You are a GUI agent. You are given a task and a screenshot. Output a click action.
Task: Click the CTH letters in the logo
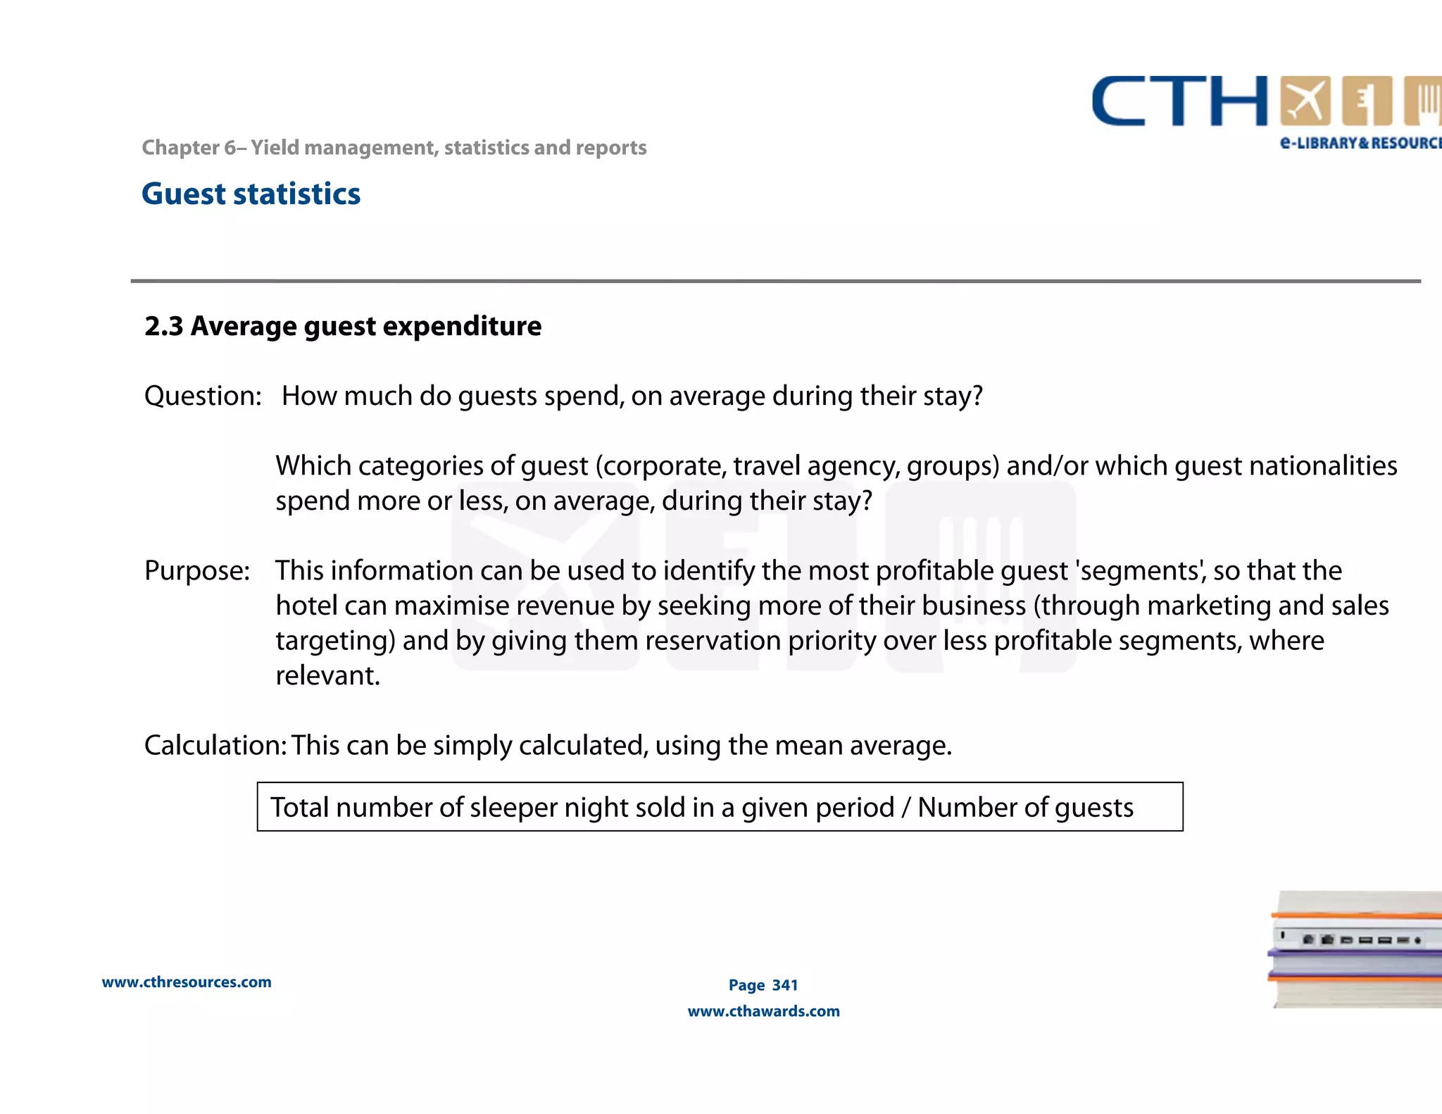pos(1179,102)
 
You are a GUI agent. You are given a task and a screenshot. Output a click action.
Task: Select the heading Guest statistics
pos(251,194)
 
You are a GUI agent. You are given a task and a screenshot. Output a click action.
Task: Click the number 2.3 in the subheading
pos(163,326)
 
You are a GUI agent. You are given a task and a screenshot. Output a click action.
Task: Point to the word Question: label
pos(203,396)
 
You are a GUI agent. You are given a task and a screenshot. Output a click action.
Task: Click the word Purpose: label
pos(197,570)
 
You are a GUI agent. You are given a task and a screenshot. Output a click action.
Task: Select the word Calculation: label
pos(215,745)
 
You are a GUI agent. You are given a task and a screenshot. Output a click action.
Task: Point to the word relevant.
pos(327,675)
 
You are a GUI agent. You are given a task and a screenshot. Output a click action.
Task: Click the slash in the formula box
pos(905,807)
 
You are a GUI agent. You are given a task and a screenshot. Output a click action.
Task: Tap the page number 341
pos(785,985)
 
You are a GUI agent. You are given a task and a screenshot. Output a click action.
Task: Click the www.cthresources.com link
pos(187,982)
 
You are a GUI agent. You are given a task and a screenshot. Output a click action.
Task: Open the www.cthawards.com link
pos(763,1011)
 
